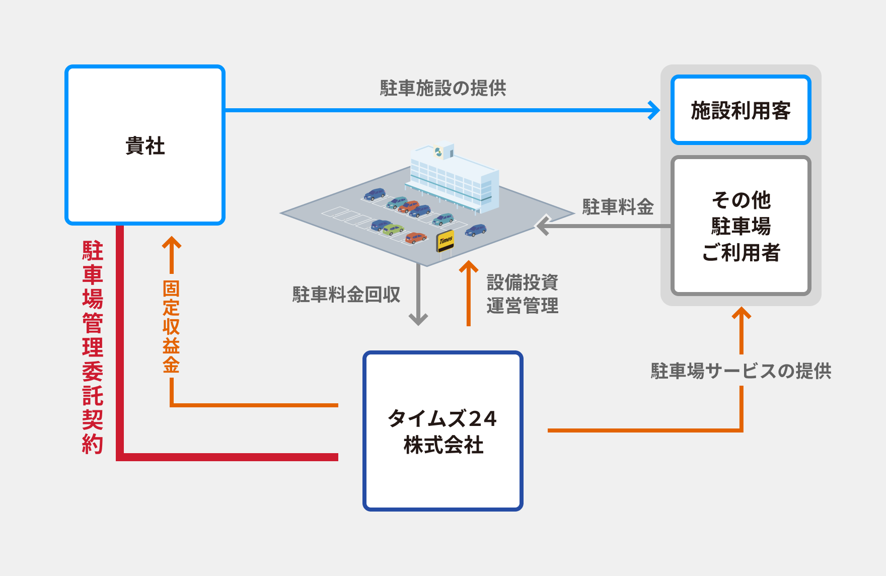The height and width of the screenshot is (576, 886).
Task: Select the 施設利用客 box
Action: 741,110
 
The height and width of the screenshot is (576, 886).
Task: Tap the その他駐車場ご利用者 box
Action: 741,226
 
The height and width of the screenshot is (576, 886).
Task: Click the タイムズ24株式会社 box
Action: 442,431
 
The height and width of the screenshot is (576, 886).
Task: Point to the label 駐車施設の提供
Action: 442,88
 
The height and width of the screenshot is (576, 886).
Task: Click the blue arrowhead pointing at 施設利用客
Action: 655,110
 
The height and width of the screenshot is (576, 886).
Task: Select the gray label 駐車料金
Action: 618,207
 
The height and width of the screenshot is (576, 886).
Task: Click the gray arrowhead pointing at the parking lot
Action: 542,226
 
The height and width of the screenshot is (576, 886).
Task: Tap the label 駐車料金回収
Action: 346,295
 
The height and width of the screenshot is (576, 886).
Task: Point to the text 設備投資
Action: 522,282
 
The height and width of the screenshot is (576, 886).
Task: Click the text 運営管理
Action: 522,306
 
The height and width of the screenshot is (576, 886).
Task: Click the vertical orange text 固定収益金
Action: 171,326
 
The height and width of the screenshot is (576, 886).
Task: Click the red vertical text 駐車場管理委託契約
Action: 93,347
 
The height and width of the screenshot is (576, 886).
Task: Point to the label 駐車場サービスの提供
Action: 741,371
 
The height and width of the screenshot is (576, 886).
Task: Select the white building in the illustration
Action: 453,179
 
